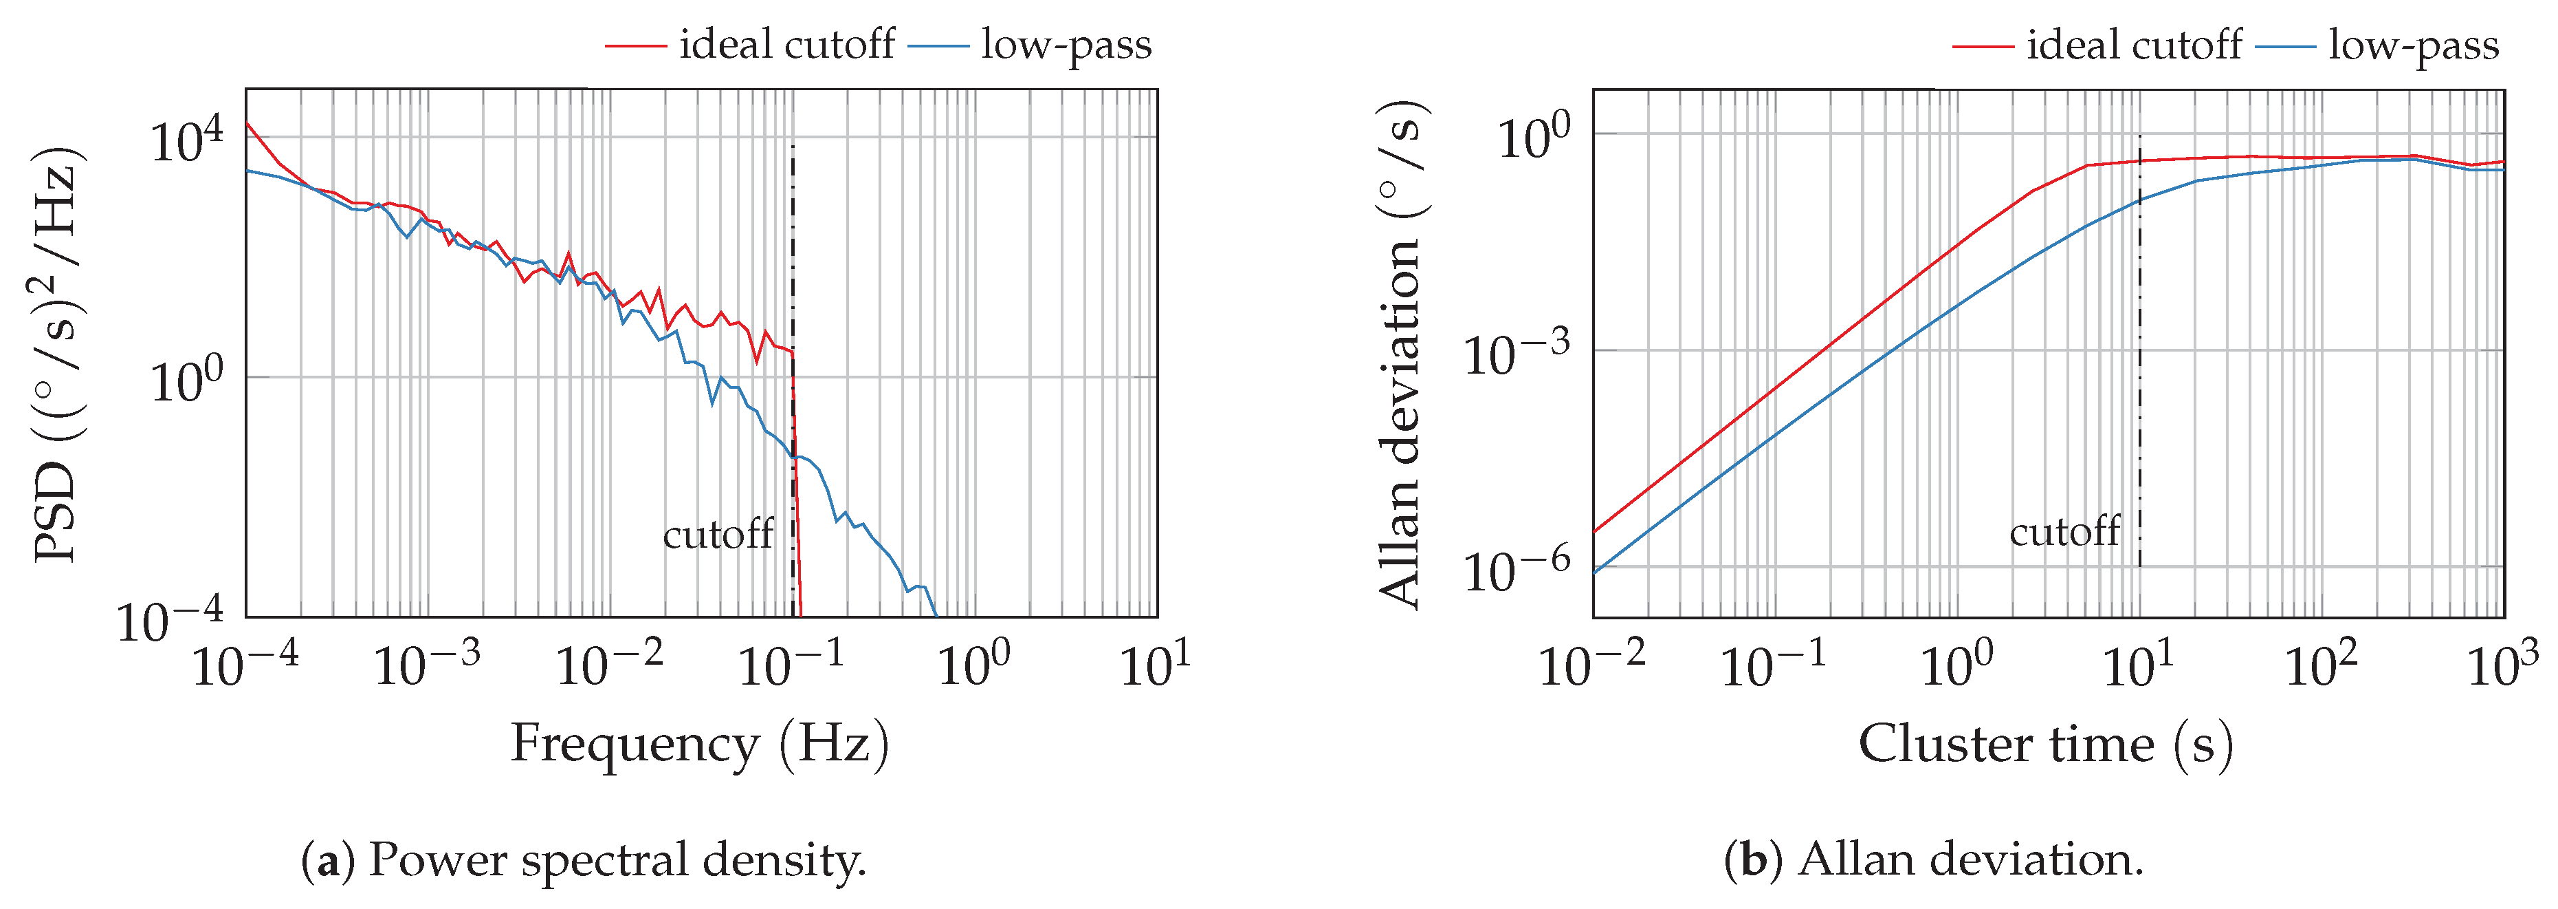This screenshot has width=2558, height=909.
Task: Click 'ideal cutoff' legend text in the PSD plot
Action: (x=786, y=45)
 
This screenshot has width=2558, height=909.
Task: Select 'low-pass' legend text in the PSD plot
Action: (x=1066, y=45)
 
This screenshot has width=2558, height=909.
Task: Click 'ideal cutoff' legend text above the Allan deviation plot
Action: (x=2134, y=45)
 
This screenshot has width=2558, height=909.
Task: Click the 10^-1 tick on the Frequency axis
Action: (x=791, y=663)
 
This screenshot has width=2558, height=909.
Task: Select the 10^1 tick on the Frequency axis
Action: (x=1155, y=663)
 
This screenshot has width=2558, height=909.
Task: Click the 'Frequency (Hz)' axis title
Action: (x=699, y=743)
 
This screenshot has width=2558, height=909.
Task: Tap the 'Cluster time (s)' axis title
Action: (x=2046, y=743)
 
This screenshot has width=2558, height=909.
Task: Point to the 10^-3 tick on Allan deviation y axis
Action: (x=1517, y=353)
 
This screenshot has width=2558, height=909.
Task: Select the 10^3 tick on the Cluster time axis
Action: (x=2502, y=663)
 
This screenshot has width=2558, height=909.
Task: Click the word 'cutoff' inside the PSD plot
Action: (x=718, y=535)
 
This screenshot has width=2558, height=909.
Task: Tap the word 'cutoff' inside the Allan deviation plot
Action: (x=2064, y=531)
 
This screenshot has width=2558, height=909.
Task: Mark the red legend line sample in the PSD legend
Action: (x=635, y=45)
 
